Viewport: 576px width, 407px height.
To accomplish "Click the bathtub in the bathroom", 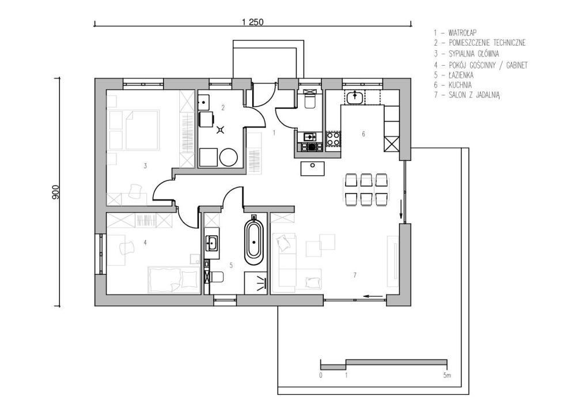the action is (x=254, y=241).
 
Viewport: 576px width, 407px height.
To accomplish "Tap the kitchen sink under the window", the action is (x=354, y=97).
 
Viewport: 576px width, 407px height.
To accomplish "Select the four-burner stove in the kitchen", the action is (x=333, y=140).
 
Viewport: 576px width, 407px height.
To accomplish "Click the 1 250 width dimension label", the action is (x=253, y=22).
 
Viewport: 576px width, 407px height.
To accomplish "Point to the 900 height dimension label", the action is (x=56, y=193).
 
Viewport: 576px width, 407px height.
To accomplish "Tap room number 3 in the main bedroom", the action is (x=145, y=166).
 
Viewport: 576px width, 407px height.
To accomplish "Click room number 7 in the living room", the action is (x=354, y=274).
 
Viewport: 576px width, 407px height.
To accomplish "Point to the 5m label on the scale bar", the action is (x=447, y=375).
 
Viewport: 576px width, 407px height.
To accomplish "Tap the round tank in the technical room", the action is (x=229, y=157).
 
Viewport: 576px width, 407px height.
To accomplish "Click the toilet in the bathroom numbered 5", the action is (x=217, y=277).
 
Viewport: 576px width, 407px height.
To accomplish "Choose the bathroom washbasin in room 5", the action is (x=212, y=242).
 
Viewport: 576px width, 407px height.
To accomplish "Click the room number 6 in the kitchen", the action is (x=363, y=134).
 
